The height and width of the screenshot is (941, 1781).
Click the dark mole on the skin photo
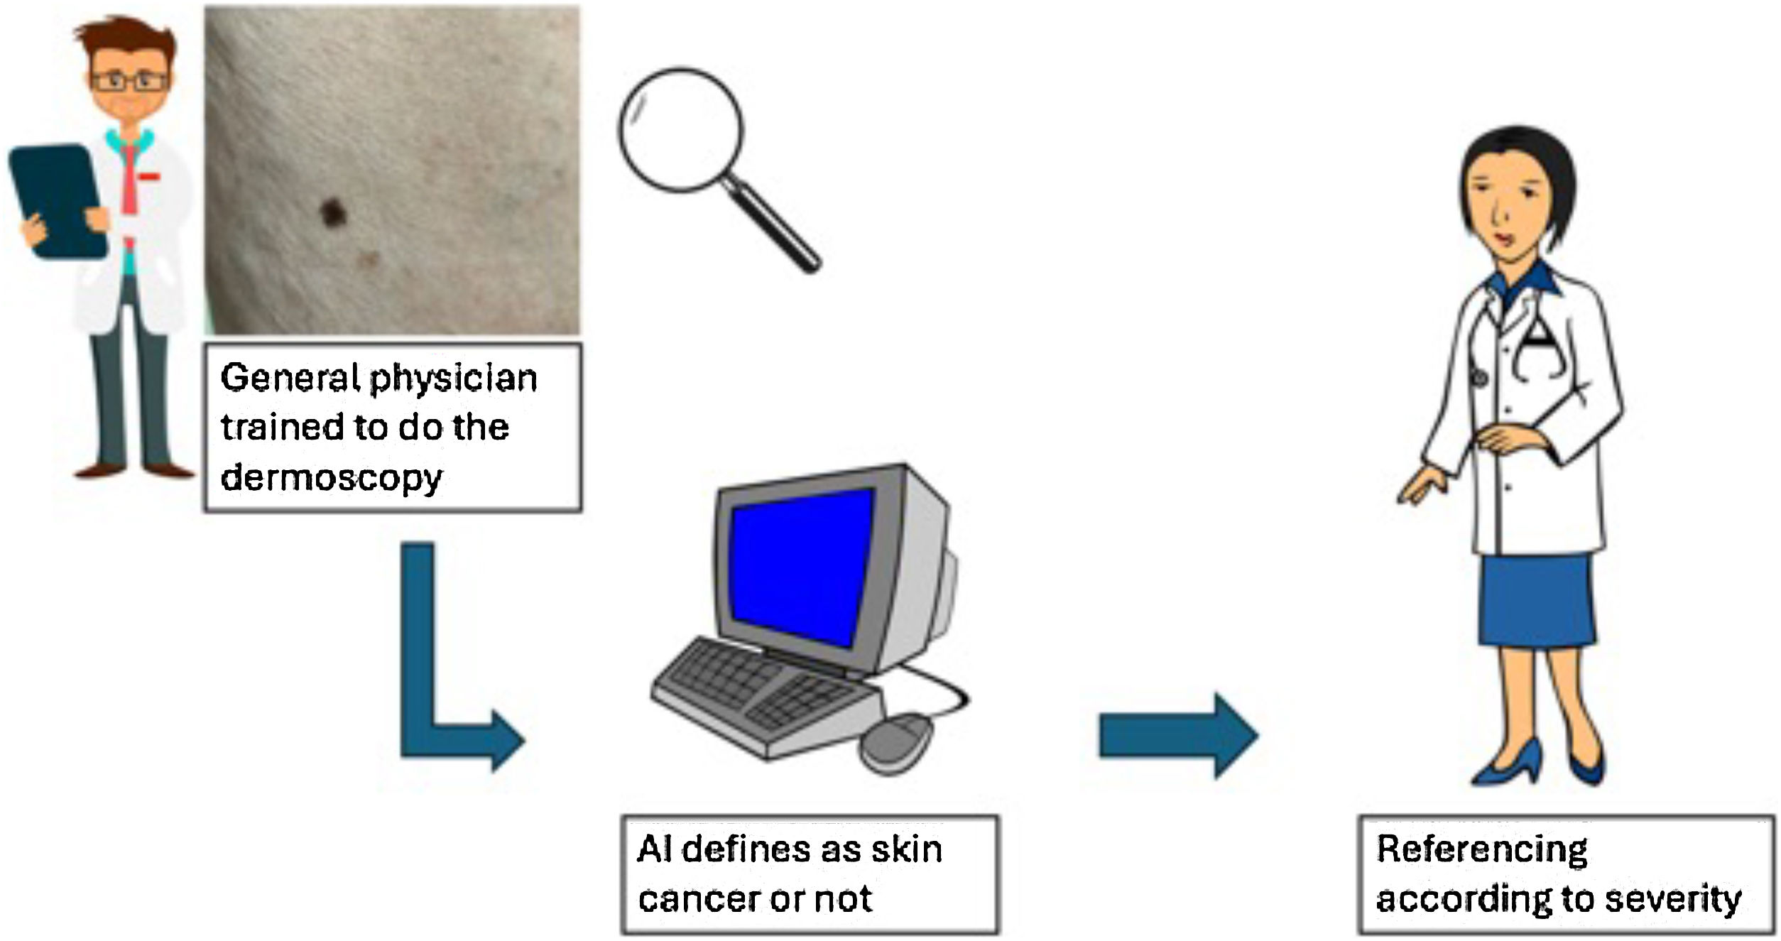(x=332, y=212)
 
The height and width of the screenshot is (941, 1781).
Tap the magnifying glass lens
(x=680, y=129)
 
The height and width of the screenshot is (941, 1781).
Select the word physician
(x=454, y=377)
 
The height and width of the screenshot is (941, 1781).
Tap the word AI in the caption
(x=654, y=849)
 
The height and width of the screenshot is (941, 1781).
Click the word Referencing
(x=1482, y=849)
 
